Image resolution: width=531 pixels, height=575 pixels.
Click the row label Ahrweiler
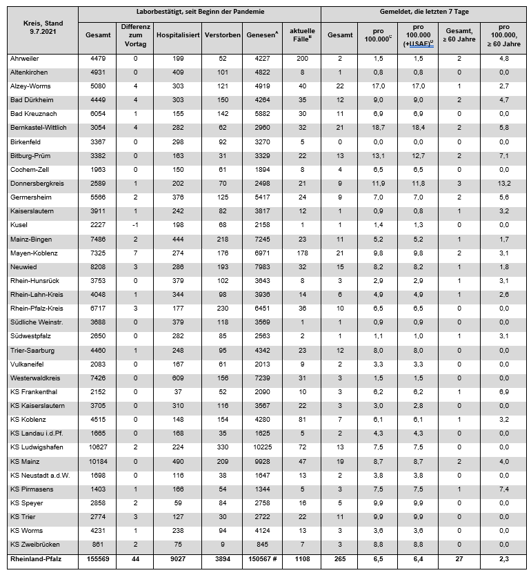click(26, 59)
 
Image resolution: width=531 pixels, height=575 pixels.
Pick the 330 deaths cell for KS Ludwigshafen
click(222, 447)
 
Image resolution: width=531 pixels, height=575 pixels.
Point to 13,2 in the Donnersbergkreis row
click(503, 183)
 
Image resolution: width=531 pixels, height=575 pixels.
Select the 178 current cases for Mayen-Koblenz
click(302, 254)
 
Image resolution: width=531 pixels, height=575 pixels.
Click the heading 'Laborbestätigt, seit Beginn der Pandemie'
click(199, 12)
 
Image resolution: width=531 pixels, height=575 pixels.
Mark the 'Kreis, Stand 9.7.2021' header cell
click(39, 27)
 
